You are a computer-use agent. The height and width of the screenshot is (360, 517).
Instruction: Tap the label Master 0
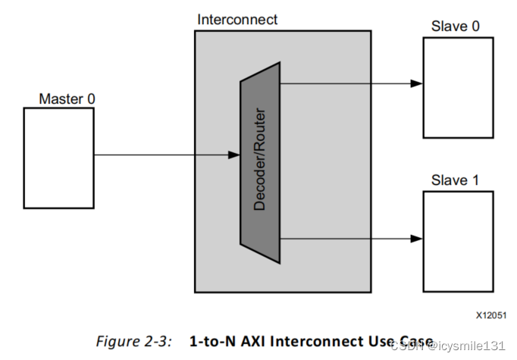67,99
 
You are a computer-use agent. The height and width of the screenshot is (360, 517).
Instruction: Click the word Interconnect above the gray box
237,20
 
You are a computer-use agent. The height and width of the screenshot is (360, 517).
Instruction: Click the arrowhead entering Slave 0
416,83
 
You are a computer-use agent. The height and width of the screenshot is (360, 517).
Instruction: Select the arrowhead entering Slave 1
416,238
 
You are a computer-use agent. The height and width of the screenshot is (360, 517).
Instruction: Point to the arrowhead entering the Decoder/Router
234,155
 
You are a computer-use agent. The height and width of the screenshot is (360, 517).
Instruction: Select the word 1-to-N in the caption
209,341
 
